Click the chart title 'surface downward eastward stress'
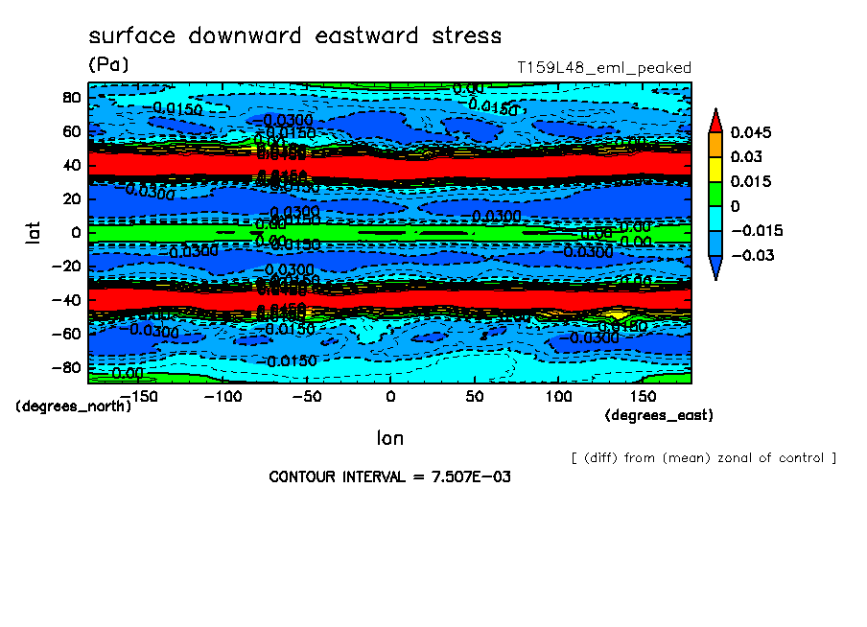pos(294,36)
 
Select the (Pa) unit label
pos(108,65)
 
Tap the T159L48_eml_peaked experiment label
pos(603,68)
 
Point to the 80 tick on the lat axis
pos(70,98)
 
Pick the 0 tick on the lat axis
pos(77,232)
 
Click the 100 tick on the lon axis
pos(558,396)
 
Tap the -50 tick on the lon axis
pos(305,396)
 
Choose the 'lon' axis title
pos(389,438)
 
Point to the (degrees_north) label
pos(73,406)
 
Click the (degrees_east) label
pos(659,415)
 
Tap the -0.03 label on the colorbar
pos(751,255)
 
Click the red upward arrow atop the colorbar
pos(715,119)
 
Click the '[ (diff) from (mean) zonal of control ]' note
pos(703,457)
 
